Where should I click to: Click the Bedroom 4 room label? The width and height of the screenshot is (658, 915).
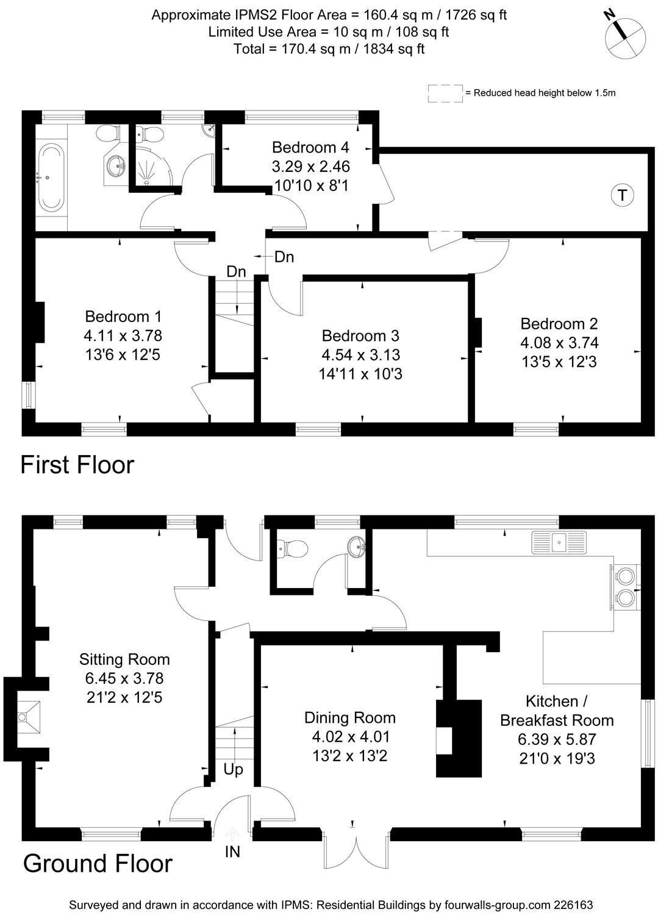310,147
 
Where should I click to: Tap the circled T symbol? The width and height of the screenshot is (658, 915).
621,195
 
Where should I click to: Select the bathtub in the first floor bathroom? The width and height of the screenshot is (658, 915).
51,178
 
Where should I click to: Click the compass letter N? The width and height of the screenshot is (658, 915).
609,15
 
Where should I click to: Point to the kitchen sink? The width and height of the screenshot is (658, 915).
559,542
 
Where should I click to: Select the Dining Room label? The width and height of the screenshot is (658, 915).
350,718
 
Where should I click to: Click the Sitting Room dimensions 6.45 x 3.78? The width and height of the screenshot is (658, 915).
124,678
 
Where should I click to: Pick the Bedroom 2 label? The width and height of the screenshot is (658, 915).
559,324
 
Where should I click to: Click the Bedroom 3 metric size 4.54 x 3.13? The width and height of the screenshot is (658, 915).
360,354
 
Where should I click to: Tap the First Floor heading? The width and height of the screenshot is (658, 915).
77,465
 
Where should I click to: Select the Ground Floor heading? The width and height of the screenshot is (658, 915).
98,864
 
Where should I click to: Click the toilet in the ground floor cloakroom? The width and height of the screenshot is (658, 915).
291,548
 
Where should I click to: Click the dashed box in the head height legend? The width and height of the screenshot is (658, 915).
445,93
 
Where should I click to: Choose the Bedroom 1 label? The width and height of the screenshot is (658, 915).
123,317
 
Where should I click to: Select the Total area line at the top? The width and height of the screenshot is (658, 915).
329,49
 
